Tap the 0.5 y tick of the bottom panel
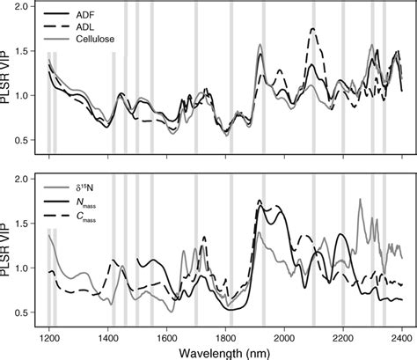[x=28, y=312]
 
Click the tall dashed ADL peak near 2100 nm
[x=313, y=29]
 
